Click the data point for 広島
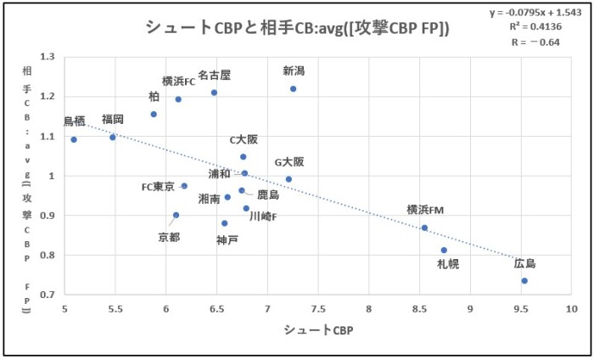pyautogui.click(x=524, y=281)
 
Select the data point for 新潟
pyautogui.click(x=294, y=88)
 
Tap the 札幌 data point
pyautogui.click(x=444, y=250)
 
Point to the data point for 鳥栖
pyautogui.click(x=74, y=139)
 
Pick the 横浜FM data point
pyautogui.click(x=424, y=228)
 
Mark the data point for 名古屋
pyautogui.click(x=214, y=93)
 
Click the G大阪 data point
pyautogui.click(x=289, y=179)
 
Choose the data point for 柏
pyautogui.click(x=154, y=114)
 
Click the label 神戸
pyautogui.click(x=227, y=240)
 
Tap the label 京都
pyautogui.click(x=169, y=238)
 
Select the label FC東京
pyautogui.click(x=158, y=187)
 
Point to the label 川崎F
pyautogui.click(x=263, y=217)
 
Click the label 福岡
pyautogui.click(x=113, y=119)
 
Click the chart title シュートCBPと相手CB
pyautogui.click(x=297, y=28)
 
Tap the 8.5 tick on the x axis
pyautogui.click(x=420, y=308)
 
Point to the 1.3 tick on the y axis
pyautogui.click(x=47, y=57)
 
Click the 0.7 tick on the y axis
pyautogui.click(x=47, y=295)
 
